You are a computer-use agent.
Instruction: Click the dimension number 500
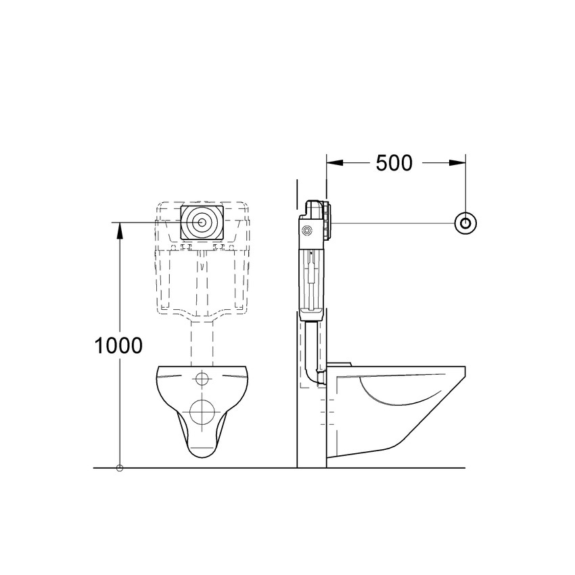394,163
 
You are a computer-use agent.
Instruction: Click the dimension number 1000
118,346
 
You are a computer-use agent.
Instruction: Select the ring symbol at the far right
465,223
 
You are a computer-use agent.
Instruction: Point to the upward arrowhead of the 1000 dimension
120,230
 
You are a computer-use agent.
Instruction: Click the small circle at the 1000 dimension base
120,467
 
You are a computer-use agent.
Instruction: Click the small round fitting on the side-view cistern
308,231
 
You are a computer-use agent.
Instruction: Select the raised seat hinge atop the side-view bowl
340,364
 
